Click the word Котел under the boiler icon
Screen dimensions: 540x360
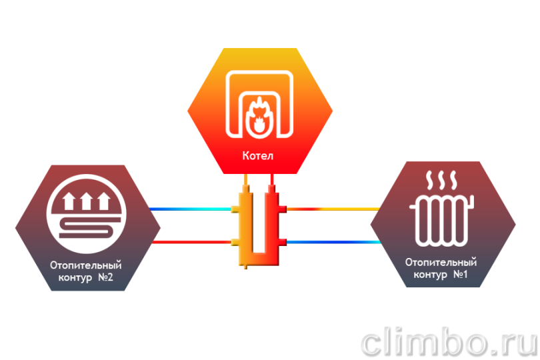[x=257, y=156]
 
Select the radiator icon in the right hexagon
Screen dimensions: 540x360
[x=442, y=221]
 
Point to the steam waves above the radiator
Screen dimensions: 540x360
[x=441, y=180]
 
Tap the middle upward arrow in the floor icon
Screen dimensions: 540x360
[x=86, y=201]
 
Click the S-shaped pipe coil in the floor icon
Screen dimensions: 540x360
[x=90, y=228]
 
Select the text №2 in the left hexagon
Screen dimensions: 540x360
[x=105, y=277]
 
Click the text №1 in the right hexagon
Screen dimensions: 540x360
[x=460, y=274]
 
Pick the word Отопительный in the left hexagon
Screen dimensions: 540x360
[x=86, y=265]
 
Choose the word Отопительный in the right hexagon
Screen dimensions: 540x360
[x=441, y=262]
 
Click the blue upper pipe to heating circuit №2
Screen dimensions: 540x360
[x=191, y=209]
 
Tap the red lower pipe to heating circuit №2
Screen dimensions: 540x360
[x=191, y=242]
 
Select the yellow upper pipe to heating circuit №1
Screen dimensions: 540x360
[x=333, y=209]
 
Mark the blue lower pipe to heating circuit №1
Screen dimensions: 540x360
[x=334, y=242]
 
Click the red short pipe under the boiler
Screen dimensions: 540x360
[x=272, y=179]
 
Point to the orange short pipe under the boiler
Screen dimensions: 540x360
[x=245, y=179]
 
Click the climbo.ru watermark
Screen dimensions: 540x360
[x=449, y=341]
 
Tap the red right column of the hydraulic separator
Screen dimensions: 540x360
[x=271, y=224]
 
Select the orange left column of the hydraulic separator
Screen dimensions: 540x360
[x=245, y=224]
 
